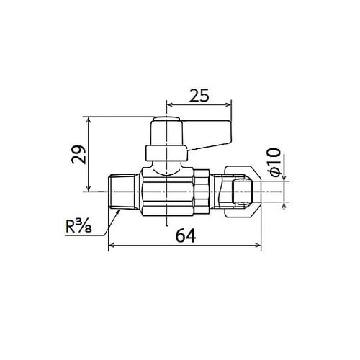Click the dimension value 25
[x=199, y=95]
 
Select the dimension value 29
[x=78, y=155]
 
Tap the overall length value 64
[x=186, y=236]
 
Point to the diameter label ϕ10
[x=274, y=163]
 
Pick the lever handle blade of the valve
[x=208, y=135]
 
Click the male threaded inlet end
[x=122, y=192]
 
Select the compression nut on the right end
[x=243, y=192]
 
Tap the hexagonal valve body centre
[x=167, y=192]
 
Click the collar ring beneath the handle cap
[x=166, y=153]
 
